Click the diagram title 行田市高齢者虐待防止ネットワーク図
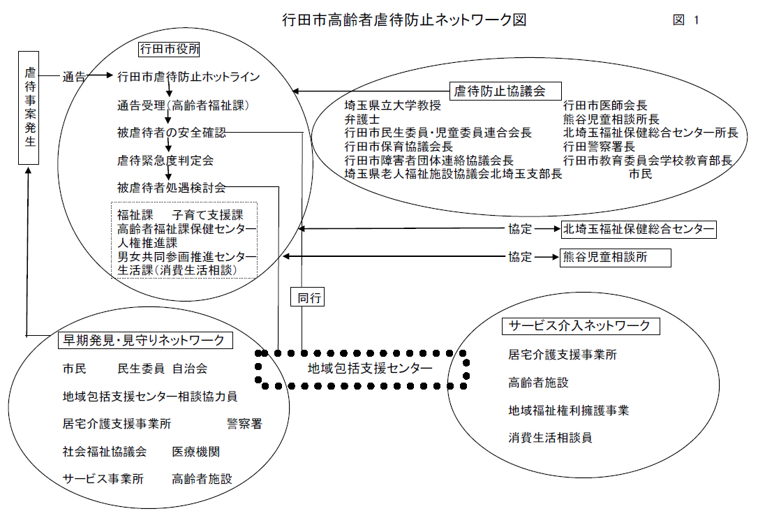[404, 20]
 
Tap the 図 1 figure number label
[686, 20]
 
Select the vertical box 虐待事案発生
[29, 108]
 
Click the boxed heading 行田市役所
[169, 49]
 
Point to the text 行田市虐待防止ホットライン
[188, 77]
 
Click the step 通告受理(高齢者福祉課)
[183, 105]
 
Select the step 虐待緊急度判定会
[165, 160]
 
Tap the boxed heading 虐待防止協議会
[505, 91]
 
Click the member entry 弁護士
[362, 119]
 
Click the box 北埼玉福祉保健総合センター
[639, 229]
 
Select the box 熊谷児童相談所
[616, 258]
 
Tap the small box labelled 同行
[307, 297]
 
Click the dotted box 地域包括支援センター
[362, 369]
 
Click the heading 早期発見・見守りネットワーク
[145, 340]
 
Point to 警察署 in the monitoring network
[244, 424]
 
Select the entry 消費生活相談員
[550, 438]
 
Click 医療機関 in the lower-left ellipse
[196, 452]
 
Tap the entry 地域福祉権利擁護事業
[568, 411]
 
